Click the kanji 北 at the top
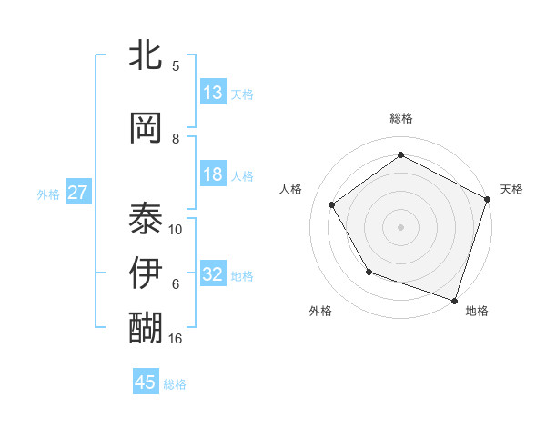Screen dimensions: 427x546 (147, 55)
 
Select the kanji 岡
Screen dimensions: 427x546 (147, 128)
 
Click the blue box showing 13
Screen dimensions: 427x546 (213, 93)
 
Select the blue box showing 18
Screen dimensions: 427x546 (213, 174)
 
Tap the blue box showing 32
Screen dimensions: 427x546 (213, 274)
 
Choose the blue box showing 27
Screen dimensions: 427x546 (78, 193)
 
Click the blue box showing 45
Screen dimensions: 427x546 (146, 382)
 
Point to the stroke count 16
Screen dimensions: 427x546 (177, 338)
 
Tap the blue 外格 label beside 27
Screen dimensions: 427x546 (48, 194)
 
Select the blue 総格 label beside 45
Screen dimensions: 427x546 (175, 383)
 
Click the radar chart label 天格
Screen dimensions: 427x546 (511, 189)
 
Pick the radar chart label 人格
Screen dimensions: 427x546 (291, 189)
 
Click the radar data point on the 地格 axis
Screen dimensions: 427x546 (454, 299)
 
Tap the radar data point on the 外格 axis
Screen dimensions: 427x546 (369, 272)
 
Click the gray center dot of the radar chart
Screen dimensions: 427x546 (401, 226)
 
